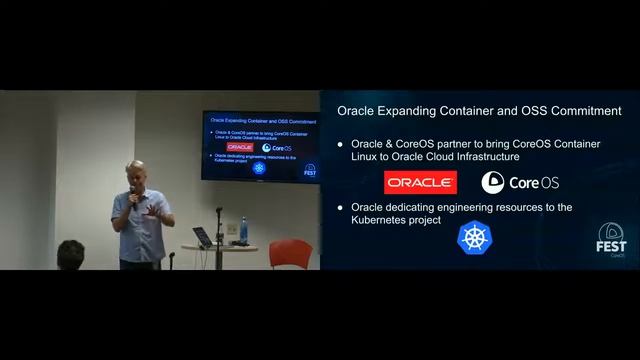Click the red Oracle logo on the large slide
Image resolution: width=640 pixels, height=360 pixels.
click(420, 182)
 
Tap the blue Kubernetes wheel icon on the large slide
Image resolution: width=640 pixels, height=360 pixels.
click(474, 237)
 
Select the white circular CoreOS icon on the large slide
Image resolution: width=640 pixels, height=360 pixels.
click(492, 182)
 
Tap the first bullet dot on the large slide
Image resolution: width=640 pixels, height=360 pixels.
click(341, 145)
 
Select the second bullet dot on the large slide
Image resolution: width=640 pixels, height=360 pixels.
click(341, 208)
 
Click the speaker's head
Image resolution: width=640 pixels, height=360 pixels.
click(135, 171)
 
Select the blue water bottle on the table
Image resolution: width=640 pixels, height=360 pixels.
click(242, 229)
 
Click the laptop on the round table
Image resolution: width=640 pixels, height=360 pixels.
click(203, 237)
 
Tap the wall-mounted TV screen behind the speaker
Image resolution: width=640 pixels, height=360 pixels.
click(261, 148)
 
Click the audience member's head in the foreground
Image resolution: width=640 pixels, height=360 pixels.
click(70, 254)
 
